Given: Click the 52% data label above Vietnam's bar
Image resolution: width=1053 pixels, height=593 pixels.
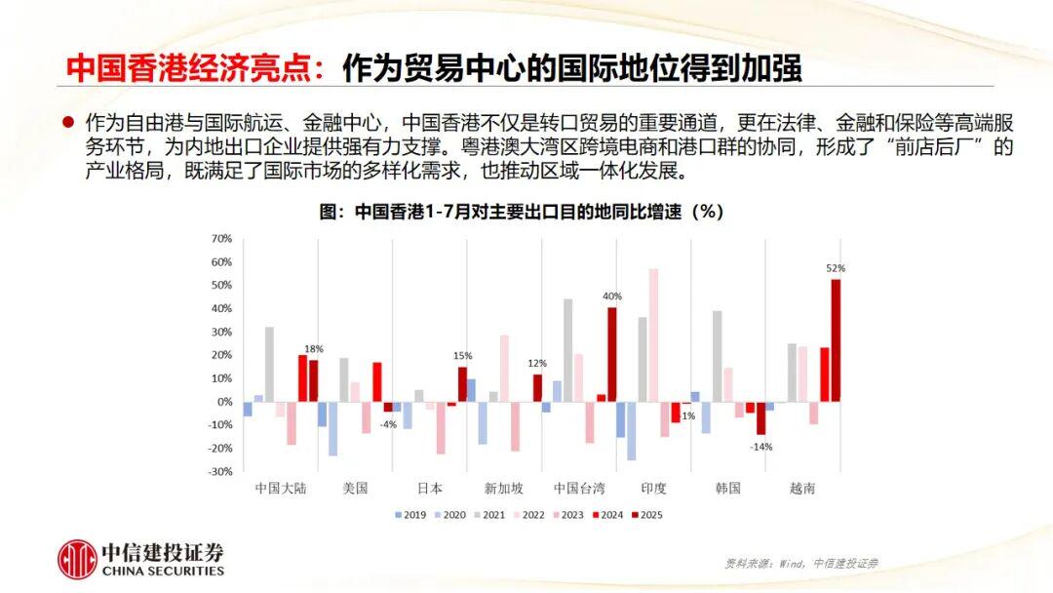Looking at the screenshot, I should pyautogui.click(x=836, y=268).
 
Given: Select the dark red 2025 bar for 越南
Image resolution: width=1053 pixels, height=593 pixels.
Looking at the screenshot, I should pyautogui.click(x=836, y=340).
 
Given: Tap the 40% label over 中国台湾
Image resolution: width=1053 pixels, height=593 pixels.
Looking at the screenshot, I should pyautogui.click(x=612, y=296).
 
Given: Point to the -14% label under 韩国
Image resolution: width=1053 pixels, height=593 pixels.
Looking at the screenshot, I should pyautogui.click(x=761, y=447).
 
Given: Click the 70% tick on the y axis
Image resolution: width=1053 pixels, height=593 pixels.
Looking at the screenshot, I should pyautogui.click(x=221, y=239).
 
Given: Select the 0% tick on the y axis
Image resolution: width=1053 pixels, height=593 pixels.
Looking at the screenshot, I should pyautogui.click(x=223, y=402).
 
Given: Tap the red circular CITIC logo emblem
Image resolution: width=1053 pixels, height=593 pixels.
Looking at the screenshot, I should pyautogui.click(x=76, y=560).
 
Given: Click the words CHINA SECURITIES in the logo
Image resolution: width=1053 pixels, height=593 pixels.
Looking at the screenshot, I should pyautogui.click(x=163, y=571).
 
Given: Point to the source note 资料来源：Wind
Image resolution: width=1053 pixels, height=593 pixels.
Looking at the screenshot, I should pyautogui.click(x=801, y=563).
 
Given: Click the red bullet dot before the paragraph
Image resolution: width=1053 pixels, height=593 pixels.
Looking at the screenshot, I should pyautogui.click(x=68, y=124).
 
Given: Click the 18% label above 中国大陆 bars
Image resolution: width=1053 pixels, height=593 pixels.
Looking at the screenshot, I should pyautogui.click(x=314, y=349).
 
